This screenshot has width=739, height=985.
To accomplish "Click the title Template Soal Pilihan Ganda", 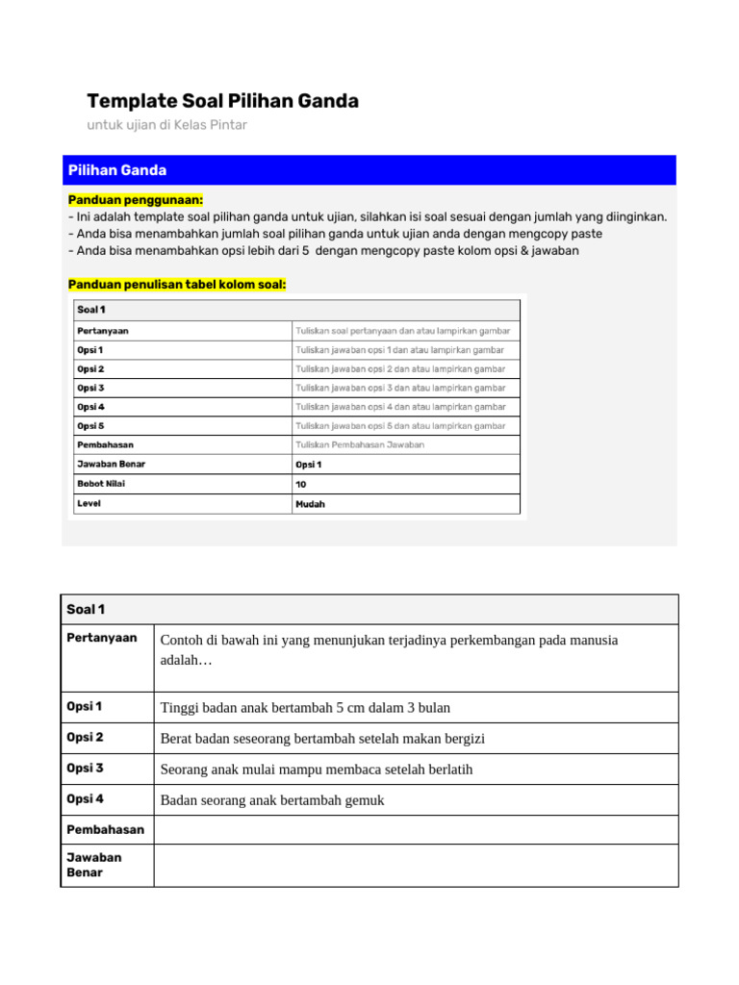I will coord(222,101).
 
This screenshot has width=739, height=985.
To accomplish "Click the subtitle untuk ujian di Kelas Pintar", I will coord(166,125).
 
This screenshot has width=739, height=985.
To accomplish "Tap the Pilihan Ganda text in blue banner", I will coord(117,170).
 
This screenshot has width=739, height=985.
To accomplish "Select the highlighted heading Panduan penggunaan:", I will coord(136,199).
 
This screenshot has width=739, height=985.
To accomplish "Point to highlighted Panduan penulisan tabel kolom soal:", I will coord(177,284).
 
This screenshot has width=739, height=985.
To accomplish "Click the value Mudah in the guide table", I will coord(310,504).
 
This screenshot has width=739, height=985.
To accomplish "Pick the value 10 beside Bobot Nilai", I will coord(301,484).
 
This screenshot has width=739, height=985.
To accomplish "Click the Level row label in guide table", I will coord(89,503).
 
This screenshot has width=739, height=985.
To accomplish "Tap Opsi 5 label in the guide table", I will coord(90,426).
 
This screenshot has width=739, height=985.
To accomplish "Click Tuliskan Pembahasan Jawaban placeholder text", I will coord(359,444).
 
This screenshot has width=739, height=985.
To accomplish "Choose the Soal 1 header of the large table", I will coord(86,609).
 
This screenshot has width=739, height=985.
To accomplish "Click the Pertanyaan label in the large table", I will coord(101,638).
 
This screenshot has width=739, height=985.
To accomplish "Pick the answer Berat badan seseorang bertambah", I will coord(322,739).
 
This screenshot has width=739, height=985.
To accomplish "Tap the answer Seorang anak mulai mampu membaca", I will coord(317,770).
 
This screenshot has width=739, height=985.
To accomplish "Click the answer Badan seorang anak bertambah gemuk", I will coord(272,800).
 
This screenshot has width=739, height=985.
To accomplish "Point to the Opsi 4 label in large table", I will coord(85,799).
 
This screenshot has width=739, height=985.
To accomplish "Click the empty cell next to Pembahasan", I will coord(415,829).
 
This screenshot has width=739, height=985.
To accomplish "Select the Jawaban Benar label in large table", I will coord(94,865).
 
